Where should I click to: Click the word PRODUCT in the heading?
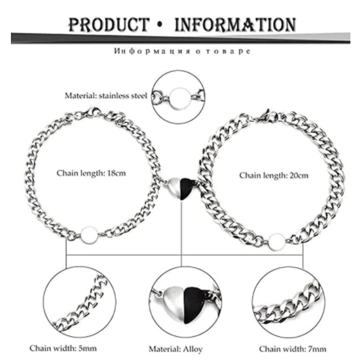(109, 24)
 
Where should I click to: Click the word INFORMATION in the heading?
(235, 24)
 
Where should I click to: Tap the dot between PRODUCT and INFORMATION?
(160, 25)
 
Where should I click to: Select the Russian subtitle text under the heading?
(182, 51)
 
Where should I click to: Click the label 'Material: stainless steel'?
(106, 96)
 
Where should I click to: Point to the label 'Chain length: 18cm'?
(91, 173)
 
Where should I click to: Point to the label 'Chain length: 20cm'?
(274, 176)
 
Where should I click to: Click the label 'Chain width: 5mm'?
(63, 348)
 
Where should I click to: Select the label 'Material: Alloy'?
(176, 349)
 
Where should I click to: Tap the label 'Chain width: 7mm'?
(293, 349)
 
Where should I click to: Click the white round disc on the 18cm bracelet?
(90, 235)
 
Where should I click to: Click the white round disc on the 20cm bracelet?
(277, 242)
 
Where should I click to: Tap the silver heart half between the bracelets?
(175, 188)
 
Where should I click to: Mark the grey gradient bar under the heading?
(181, 38)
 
